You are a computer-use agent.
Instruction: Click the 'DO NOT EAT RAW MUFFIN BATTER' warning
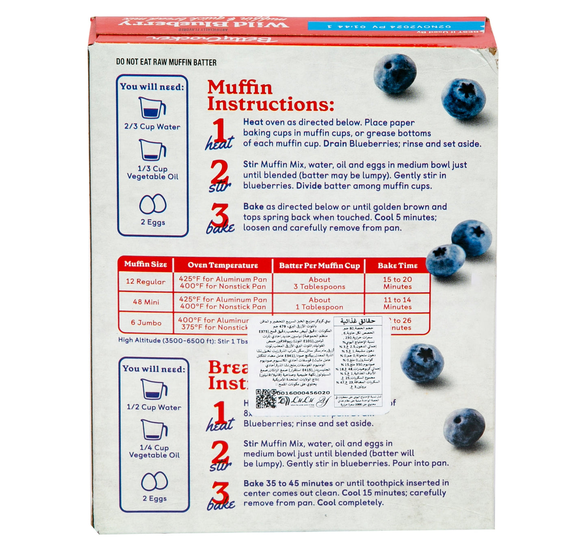[166, 62]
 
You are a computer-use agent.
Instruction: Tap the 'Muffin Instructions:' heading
[270, 96]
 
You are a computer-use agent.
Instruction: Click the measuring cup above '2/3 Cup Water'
[152, 108]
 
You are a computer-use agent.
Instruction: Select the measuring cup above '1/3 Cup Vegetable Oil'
[152, 149]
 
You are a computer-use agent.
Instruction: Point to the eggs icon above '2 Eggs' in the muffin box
[153, 204]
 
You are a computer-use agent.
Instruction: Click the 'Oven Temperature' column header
[223, 265]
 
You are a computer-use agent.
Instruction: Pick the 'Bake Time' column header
[397, 266]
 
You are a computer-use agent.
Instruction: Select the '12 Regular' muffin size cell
[145, 281]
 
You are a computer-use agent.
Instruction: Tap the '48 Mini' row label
[146, 302]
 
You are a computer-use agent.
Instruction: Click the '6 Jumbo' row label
[146, 323]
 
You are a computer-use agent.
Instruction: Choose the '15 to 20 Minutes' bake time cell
[397, 283]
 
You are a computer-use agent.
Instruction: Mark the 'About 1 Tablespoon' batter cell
[319, 303]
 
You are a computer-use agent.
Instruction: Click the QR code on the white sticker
[266, 398]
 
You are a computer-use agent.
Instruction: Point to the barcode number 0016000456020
[303, 393]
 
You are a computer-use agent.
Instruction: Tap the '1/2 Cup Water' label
[154, 407]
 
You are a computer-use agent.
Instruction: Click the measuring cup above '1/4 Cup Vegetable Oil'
[154, 430]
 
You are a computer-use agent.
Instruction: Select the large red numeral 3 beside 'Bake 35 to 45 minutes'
[221, 493]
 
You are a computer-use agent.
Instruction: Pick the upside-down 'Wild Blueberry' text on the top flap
[204, 23]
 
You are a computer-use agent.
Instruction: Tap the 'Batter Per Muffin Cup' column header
[319, 266]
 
